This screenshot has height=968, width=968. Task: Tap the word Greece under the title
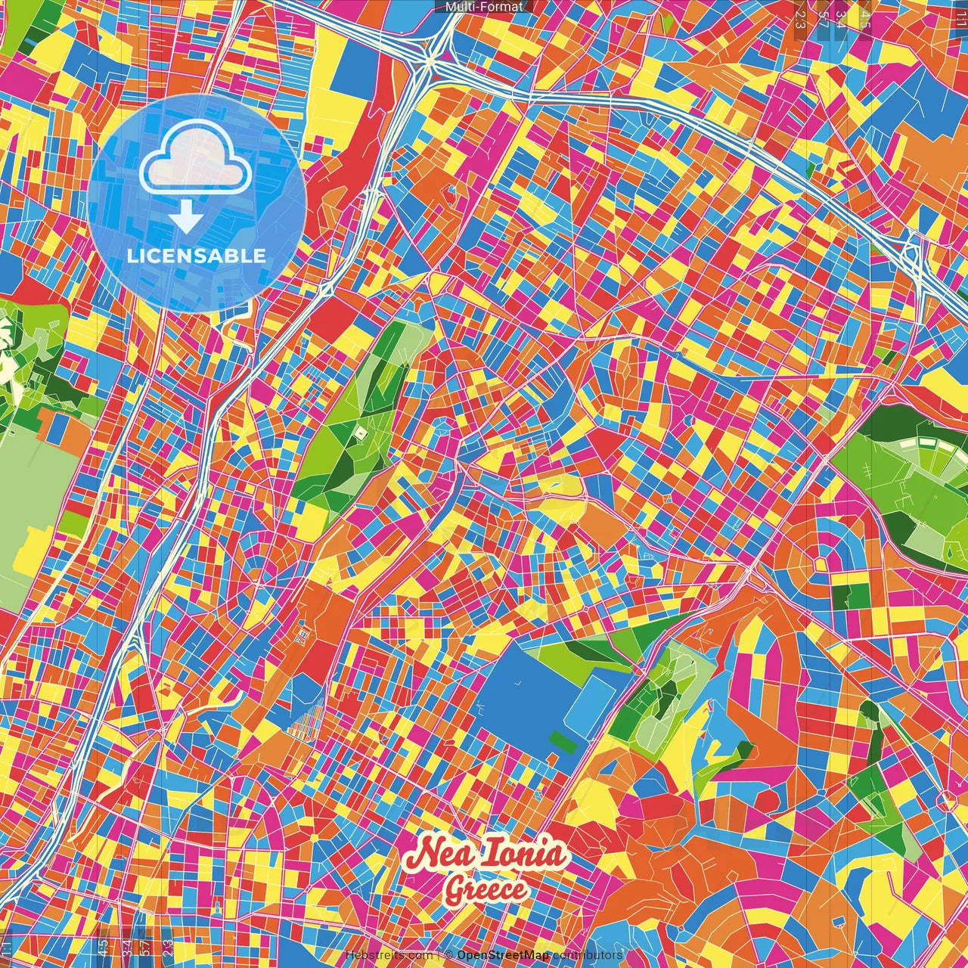coord(486,889)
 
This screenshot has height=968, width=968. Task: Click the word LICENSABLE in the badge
coord(197,256)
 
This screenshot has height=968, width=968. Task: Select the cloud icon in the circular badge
coord(196,157)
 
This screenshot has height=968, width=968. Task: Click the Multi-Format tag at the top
coord(484,7)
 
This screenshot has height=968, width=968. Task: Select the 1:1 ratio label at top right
coord(961,15)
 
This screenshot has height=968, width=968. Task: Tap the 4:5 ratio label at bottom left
coord(103,947)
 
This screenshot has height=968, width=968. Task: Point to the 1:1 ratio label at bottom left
coord(7,948)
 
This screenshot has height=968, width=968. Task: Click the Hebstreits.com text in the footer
coord(389,955)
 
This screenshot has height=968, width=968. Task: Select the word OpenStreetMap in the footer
coord(503,955)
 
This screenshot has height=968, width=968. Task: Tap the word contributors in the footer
coord(587,955)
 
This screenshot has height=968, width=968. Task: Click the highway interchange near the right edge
coord(913,253)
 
